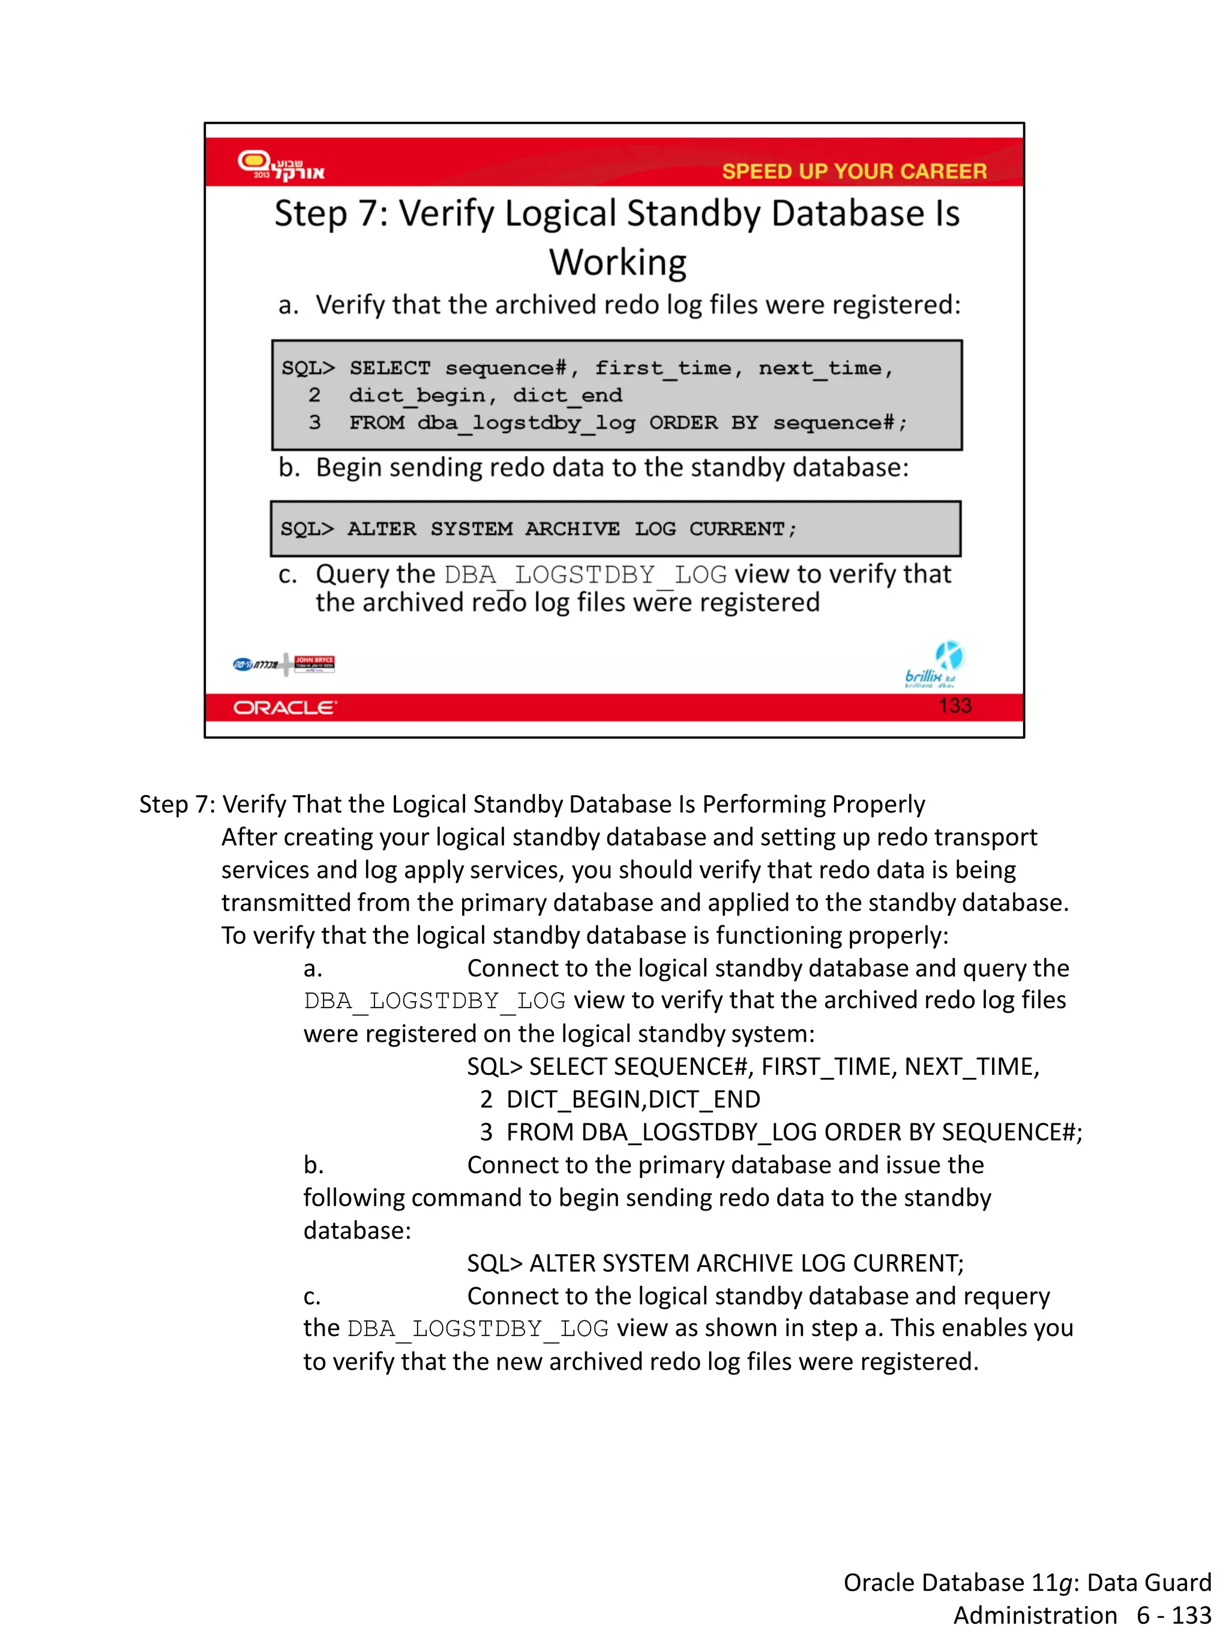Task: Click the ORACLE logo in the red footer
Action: [x=284, y=708]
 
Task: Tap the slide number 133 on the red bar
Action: [x=954, y=705]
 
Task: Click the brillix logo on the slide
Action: [x=934, y=666]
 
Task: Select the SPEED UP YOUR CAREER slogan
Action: [x=853, y=171]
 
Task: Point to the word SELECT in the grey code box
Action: [x=389, y=368]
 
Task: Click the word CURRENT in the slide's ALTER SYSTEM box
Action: [x=736, y=529]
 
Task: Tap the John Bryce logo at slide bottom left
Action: [x=314, y=663]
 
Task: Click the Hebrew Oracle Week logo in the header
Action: [x=281, y=166]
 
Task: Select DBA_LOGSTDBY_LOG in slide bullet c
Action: [x=585, y=575]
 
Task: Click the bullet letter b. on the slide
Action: [x=289, y=468]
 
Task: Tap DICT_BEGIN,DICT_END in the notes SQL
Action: [x=633, y=1099]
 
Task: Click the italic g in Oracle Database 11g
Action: [x=1065, y=1583]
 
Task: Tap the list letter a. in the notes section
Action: [x=313, y=969]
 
